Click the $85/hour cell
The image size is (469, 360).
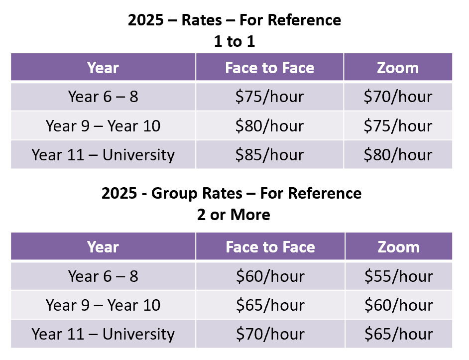(x=269, y=155)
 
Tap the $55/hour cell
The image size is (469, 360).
(x=398, y=276)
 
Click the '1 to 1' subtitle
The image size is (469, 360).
(x=234, y=41)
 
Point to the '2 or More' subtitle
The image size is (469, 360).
(x=234, y=215)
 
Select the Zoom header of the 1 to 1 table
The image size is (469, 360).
(x=398, y=68)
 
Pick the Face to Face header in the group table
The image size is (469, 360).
(x=270, y=247)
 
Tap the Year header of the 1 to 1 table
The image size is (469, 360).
(x=103, y=68)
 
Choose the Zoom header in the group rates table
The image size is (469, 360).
(x=398, y=247)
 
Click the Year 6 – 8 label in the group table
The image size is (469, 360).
(x=103, y=276)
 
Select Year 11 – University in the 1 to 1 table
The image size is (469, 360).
(x=103, y=155)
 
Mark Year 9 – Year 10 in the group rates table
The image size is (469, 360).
(x=103, y=305)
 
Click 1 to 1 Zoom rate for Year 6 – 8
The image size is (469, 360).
(x=398, y=97)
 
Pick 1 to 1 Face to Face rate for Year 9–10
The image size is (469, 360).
(x=269, y=125)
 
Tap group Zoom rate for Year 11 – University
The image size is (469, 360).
(x=398, y=334)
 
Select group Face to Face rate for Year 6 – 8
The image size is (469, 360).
(x=269, y=276)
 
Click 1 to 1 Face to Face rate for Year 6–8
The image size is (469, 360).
(x=269, y=97)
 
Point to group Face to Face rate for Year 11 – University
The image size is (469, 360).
(x=269, y=334)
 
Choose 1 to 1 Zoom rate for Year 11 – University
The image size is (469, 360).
(x=398, y=155)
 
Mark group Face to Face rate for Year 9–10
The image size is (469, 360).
(x=269, y=305)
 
